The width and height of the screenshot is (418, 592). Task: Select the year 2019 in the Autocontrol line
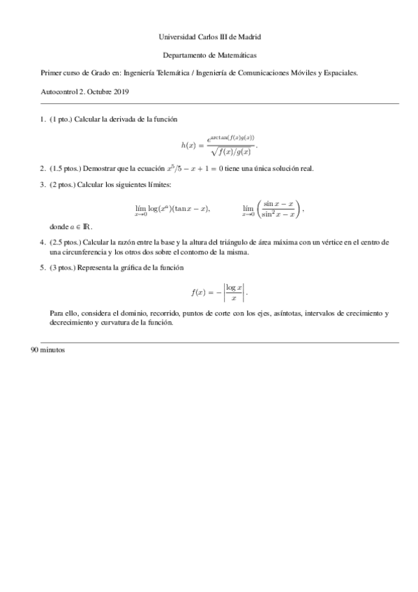pos(119,91)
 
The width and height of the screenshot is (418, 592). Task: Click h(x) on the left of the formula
pos(189,145)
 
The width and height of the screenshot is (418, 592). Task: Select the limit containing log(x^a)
pos(171,209)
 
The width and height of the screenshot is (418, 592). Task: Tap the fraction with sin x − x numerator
pos(278,208)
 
